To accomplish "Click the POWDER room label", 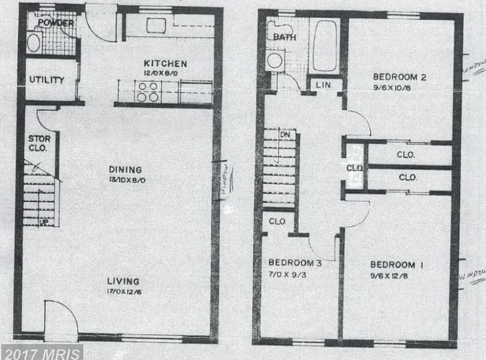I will tap(57, 22).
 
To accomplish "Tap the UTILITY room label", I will tap(46, 80).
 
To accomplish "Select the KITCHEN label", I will tap(165, 64).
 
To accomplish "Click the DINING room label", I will tap(123, 170).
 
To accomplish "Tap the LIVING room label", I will tap(123, 272).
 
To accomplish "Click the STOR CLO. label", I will tap(39, 143).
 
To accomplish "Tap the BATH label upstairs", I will tap(284, 36).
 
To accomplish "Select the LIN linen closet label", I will tap(324, 85).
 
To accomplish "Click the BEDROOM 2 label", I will tap(400, 76).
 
